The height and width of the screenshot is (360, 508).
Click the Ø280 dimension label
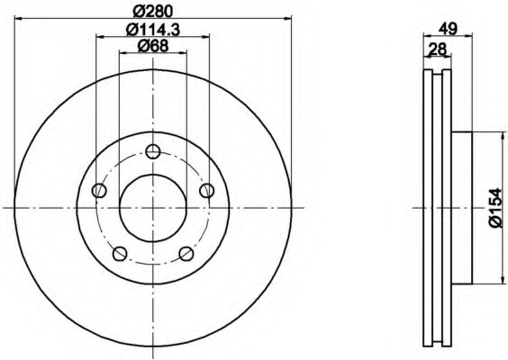(x=152, y=12)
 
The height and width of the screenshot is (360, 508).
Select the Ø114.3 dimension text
(x=152, y=30)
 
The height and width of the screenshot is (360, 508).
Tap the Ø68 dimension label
(x=153, y=46)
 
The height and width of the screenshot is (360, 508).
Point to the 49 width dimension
(x=448, y=29)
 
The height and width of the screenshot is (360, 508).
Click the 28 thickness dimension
(x=438, y=49)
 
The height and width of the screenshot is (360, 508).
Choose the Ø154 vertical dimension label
(x=498, y=208)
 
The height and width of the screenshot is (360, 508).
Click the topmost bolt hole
(x=153, y=151)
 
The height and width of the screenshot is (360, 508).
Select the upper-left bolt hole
(x=99, y=190)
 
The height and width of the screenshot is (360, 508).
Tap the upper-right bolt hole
(x=206, y=190)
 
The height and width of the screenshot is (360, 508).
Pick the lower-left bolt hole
(x=120, y=254)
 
